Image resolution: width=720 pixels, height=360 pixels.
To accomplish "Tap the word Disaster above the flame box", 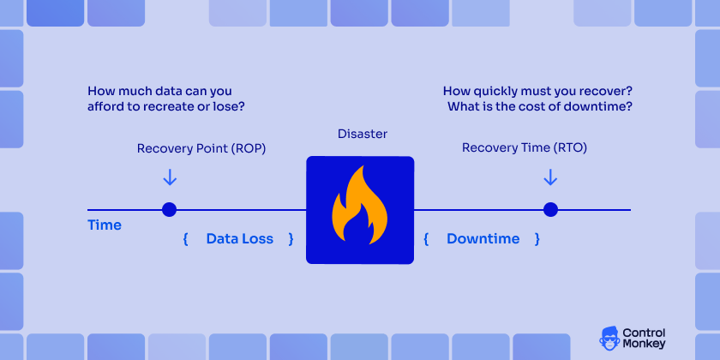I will tap(363, 135).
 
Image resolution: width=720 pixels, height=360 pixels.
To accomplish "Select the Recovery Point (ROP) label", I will tap(201, 148).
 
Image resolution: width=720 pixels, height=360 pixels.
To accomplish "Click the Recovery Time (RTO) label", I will tap(524, 148).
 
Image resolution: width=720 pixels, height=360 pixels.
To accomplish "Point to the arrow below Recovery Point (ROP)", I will tap(170, 177).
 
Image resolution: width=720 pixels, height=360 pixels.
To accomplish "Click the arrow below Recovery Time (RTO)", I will tap(550, 177).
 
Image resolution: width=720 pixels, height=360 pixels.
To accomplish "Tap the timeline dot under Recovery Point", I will tap(170, 209).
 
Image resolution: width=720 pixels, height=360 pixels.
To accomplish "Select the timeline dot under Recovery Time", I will tap(550, 209).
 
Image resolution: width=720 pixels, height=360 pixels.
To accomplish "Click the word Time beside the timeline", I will tap(105, 225).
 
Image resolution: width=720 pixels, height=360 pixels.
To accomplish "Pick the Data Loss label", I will tap(239, 239).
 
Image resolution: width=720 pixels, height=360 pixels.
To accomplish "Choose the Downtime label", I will tap(483, 239).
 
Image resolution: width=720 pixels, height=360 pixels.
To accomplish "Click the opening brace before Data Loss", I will tap(185, 239).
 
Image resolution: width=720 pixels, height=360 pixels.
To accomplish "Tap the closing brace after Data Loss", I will tap(291, 239).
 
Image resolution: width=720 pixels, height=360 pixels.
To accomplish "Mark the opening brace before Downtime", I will tap(426, 239).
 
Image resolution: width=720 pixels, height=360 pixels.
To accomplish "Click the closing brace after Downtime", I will tap(537, 239).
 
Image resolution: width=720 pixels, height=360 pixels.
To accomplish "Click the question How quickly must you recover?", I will tap(538, 91).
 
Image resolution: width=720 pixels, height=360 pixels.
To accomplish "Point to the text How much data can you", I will tap(159, 91).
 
